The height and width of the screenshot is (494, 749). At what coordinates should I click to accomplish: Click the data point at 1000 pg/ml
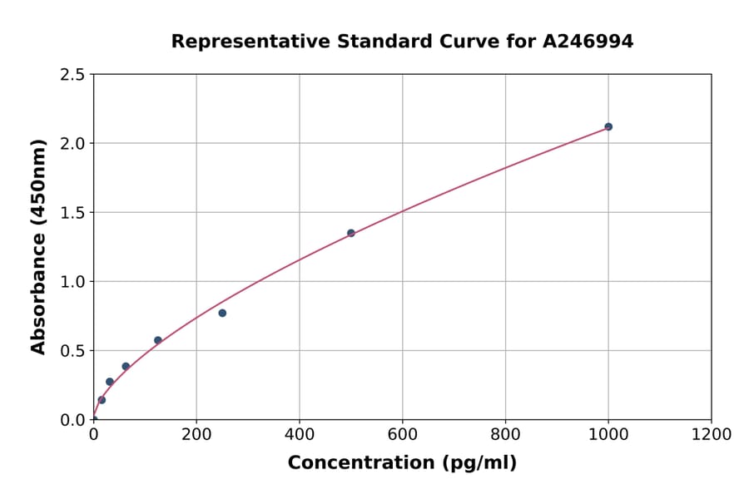[608, 126]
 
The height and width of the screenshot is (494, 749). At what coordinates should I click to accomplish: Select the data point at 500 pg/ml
[351, 233]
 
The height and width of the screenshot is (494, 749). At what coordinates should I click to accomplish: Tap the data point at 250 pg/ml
[222, 313]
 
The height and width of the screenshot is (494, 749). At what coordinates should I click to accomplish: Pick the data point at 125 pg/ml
[158, 340]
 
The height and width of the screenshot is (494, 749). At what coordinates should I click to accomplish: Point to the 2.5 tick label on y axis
[72, 75]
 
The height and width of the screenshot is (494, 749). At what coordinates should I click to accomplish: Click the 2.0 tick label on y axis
[72, 144]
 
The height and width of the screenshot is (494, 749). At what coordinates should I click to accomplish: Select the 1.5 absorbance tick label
[72, 213]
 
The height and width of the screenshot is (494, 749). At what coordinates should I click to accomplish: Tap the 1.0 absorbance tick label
[72, 282]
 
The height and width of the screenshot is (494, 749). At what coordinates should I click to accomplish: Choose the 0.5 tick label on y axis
[72, 351]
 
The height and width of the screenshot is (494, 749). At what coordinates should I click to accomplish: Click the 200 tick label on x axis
[196, 434]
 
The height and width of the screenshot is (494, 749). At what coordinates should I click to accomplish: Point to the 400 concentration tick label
[300, 434]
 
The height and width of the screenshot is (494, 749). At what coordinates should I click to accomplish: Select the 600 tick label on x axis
[403, 434]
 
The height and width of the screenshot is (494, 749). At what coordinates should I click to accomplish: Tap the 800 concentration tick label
[505, 434]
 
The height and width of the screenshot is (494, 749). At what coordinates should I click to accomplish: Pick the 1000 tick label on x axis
[608, 434]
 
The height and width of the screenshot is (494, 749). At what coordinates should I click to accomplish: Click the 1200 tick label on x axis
[712, 434]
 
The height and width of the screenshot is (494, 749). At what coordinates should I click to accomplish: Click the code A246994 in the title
[588, 42]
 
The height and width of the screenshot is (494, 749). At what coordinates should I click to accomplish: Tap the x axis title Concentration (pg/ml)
[402, 463]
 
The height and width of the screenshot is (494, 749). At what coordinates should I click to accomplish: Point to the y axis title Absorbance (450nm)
[38, 246]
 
